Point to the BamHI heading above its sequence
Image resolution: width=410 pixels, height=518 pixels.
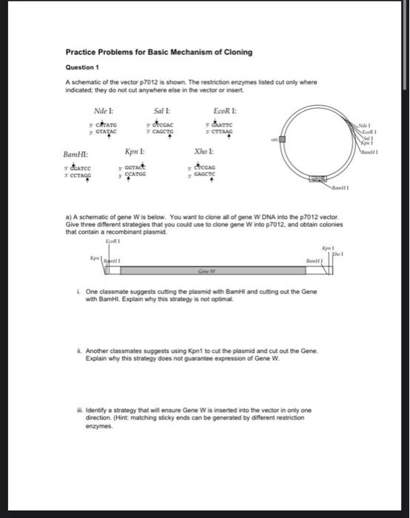click(76, 155)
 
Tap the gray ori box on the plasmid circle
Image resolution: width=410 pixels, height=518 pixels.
click(282, 140)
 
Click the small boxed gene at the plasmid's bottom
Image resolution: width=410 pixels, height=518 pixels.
click(317, 179)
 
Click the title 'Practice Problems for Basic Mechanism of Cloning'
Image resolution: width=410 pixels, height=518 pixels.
click(158, 52)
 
